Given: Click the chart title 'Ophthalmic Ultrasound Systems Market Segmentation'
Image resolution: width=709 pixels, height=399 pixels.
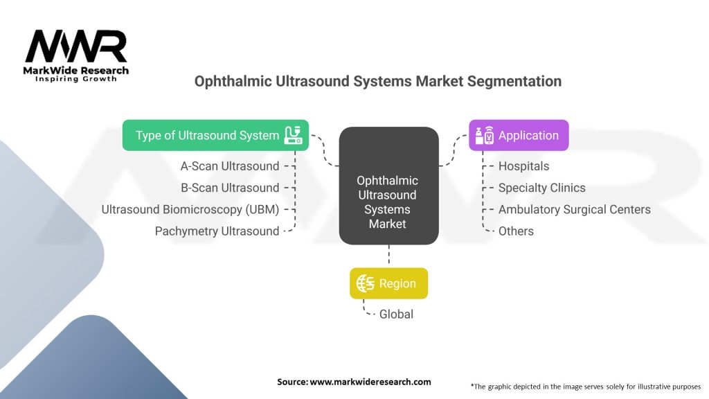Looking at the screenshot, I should coord(377,81).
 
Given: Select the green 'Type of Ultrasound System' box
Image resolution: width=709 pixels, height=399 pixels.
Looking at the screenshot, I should coord(215,135).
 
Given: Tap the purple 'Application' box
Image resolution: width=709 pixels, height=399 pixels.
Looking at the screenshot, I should coord(519,135).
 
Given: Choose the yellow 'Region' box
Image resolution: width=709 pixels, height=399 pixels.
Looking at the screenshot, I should coord(388,283).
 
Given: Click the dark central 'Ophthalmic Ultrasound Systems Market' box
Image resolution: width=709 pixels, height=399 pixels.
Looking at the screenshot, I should coord(388,186).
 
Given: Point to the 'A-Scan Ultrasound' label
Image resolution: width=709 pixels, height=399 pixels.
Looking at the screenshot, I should coord(230,166).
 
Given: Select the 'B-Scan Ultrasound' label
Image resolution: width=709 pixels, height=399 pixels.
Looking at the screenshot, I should coord(230,188).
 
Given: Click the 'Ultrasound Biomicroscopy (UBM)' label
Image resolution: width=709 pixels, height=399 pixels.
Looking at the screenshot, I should coord(190,209).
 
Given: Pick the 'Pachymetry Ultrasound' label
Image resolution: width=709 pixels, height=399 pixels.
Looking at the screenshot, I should coord(217,231).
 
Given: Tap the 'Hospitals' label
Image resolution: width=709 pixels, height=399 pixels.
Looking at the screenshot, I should coord(523,166).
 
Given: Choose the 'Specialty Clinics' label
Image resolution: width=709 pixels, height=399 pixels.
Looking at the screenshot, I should coord(541,188).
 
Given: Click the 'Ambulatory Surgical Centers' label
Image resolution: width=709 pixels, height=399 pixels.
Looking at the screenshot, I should coord(574,209).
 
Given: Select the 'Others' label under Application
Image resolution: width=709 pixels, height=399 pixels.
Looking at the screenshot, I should coord(516,231).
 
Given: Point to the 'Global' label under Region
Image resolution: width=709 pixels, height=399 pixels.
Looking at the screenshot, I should coord(396,314).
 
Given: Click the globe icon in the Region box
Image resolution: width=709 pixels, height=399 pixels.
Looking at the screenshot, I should coord(366,283).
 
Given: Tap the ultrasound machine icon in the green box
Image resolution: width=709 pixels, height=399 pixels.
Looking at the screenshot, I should coord(294,135).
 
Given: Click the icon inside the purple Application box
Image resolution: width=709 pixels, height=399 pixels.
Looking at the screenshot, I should coord(484,135).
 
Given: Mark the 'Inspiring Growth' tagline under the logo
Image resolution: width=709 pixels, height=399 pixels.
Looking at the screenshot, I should coord(76,79).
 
